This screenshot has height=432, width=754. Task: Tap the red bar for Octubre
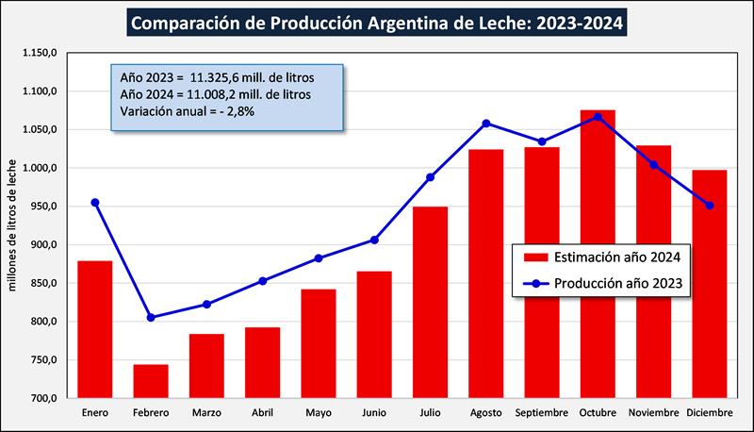pos(598,255)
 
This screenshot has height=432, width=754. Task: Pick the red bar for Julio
pos(430,302)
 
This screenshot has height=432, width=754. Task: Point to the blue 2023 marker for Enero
pos(95,202)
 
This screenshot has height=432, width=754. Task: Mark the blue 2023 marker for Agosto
pos(486,123)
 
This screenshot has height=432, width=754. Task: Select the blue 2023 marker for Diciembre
pos(710,206)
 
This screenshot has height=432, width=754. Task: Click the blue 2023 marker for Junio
pos(374,240)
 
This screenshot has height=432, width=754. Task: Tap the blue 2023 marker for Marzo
pos(207,304)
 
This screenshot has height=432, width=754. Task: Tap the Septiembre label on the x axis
pos(542,414)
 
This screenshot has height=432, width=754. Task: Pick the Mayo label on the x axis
pos(319,414)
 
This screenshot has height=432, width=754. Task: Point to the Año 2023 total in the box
pos(218,75)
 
